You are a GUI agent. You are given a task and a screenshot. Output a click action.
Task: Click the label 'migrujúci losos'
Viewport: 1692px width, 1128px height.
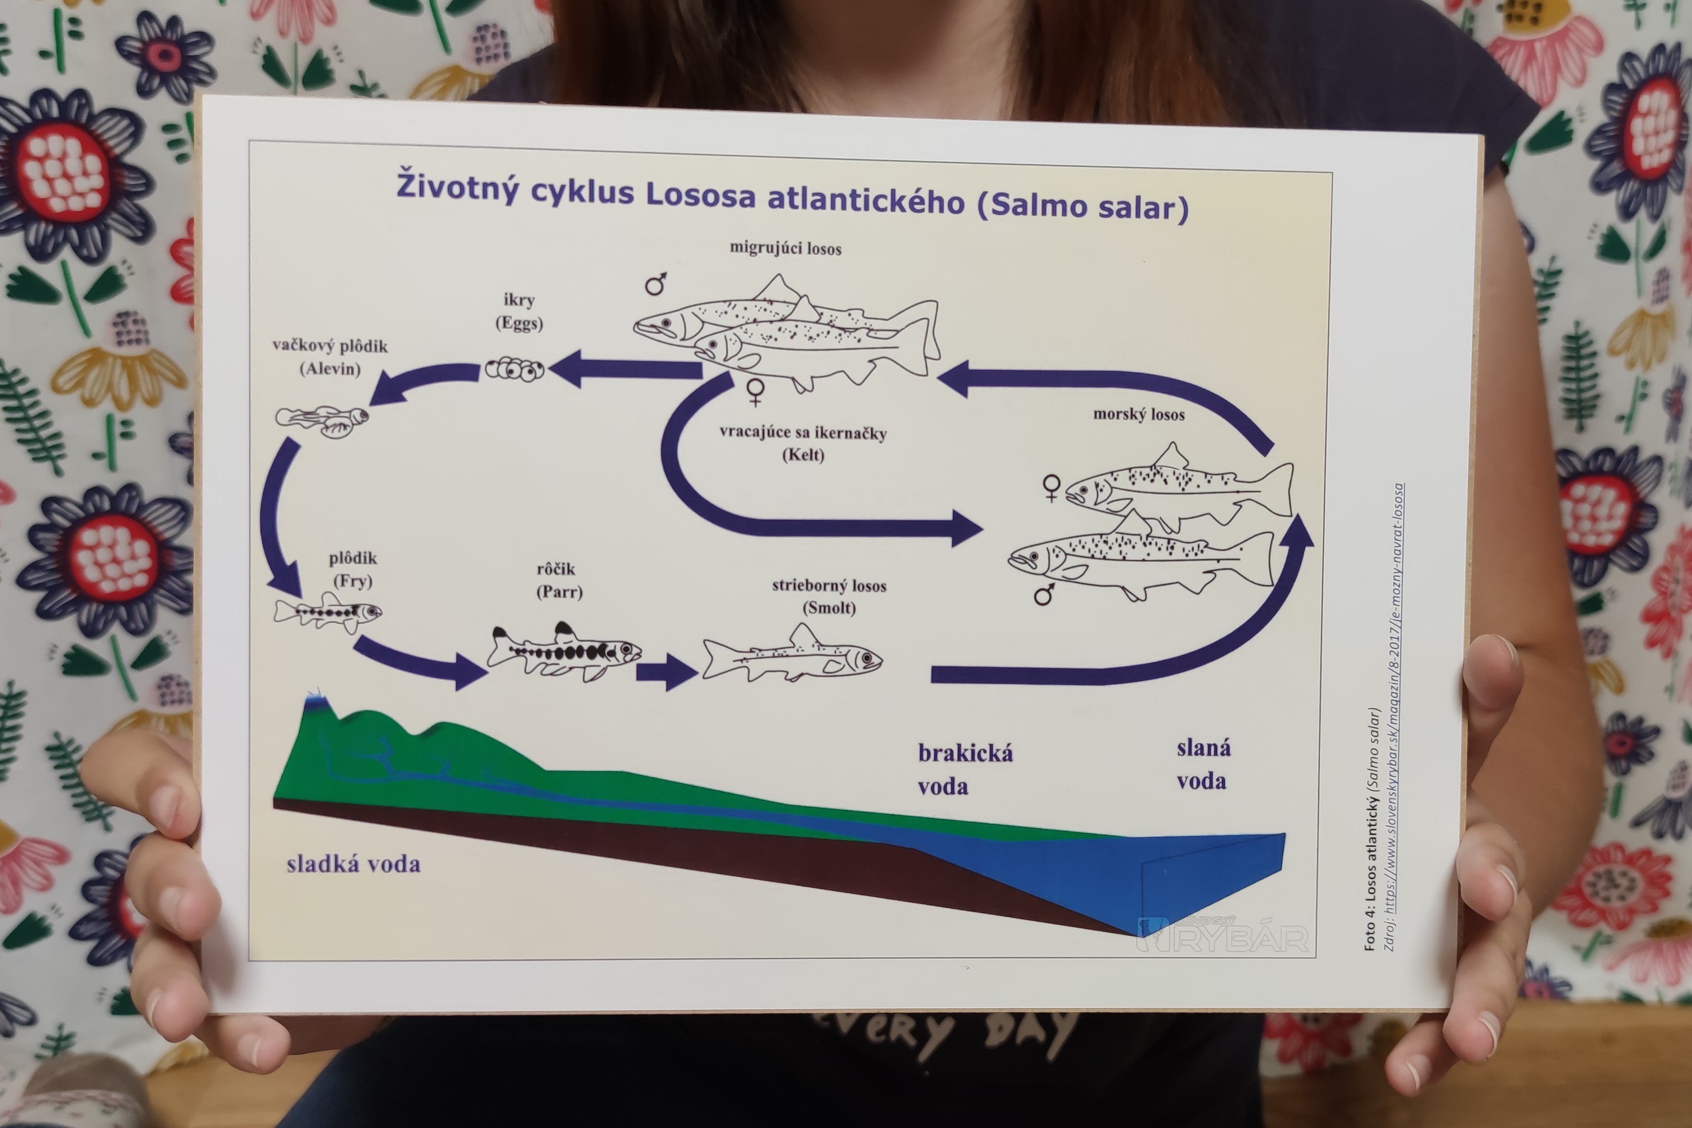click(785, 249)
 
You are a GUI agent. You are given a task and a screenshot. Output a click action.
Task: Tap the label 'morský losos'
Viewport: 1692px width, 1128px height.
click(1138, 414)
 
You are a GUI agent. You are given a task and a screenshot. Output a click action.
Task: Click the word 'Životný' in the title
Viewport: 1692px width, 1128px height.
click(458, 186)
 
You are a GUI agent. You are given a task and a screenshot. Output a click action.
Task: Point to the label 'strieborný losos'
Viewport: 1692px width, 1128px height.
click(829, 586)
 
